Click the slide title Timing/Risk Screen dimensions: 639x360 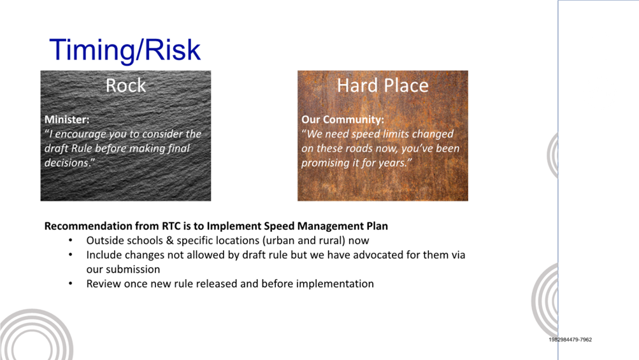click(125, 50)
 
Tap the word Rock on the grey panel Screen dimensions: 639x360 click(126, 85)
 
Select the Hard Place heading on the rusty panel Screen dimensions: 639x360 click(383, 85)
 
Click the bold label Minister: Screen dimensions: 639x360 click(67, 119)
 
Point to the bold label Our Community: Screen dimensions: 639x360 click(343, 119)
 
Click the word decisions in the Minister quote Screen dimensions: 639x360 click(67, 162)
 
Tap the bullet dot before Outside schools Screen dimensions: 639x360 click(71, 240)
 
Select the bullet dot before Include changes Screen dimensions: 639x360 click(71, 255)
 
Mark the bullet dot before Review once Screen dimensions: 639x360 click(71, 284)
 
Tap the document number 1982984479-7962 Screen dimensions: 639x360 click(570, 340)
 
